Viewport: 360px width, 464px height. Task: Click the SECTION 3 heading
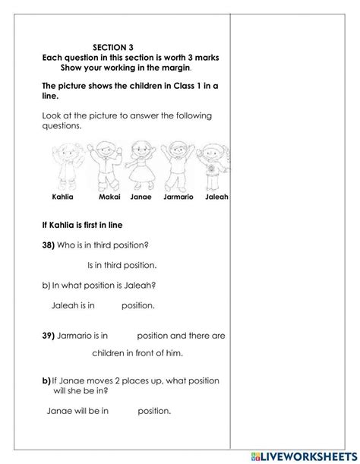[x=127, y=46]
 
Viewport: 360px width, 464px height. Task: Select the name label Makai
[x=110, y=197]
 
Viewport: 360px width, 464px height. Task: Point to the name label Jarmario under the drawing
[x=178, y=197]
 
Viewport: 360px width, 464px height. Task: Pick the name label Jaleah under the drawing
[x=216, y=197]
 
